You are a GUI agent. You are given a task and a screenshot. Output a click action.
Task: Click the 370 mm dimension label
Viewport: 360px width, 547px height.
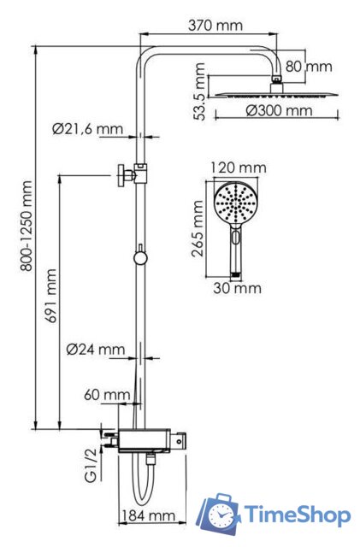(x=215, y=26)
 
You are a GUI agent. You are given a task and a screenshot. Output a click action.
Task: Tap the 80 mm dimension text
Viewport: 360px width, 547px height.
(x=309, y=66)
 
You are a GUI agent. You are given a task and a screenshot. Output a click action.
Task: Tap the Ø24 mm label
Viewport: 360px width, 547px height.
(x=95, y=350)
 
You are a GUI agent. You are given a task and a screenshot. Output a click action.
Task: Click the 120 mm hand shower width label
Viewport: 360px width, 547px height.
(x=237, y=167)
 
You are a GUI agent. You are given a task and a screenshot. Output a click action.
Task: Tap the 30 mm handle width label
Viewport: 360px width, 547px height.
(x=237, y=288)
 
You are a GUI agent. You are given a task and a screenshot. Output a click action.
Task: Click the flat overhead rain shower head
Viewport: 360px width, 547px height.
(x=273, y=92)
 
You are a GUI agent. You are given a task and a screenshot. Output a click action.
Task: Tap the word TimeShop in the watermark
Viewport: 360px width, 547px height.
(x=297, y=514)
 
